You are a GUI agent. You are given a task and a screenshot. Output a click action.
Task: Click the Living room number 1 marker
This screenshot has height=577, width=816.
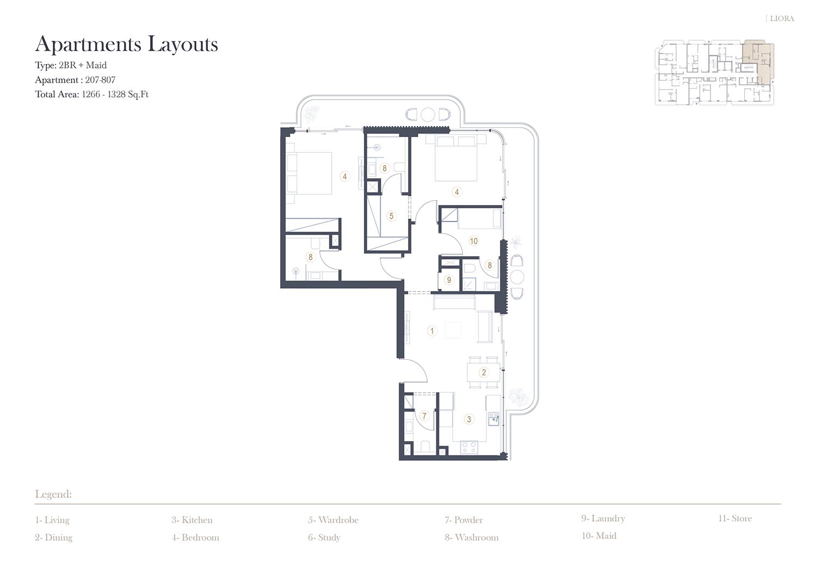click(432, 331)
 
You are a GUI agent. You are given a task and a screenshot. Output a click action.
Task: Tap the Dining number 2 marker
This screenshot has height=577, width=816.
click(484, 373)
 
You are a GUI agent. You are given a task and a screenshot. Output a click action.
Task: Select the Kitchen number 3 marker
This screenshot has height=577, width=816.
click(469, 419)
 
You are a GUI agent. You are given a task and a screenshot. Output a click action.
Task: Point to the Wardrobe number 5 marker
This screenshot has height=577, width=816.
click(391, 216)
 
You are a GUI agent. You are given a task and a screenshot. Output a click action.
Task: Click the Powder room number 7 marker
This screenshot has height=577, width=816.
click(424, 416)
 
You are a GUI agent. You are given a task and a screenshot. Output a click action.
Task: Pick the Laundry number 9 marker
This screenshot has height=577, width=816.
click(449, 280)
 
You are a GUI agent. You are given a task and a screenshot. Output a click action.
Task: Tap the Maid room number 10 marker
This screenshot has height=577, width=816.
click(474, 241)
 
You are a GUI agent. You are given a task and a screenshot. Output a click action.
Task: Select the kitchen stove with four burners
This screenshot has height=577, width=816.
click(469, 448)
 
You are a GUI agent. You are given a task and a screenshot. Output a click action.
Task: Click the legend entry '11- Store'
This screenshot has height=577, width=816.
click(735, 518)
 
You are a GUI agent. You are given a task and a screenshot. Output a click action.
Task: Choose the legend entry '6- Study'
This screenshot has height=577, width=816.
click(324, 537)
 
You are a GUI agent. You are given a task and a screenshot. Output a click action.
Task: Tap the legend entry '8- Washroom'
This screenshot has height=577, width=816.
click(472, 537)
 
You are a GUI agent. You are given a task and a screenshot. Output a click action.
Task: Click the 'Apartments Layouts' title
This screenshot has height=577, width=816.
click(126, 45)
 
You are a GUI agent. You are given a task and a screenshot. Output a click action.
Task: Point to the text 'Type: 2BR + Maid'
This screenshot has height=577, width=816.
click(71, 65)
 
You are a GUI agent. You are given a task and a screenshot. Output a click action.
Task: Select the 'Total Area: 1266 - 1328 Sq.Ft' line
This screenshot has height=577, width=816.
click(92, 94)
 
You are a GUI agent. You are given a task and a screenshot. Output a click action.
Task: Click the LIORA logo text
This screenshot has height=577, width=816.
click(782, 18)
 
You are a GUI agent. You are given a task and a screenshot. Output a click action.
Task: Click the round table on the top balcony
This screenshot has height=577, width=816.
click(428, 115)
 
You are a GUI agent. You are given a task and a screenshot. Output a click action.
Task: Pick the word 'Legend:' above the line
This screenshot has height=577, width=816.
click(53, 494)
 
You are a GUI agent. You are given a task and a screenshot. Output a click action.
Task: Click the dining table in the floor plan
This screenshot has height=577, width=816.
click(484, 373)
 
